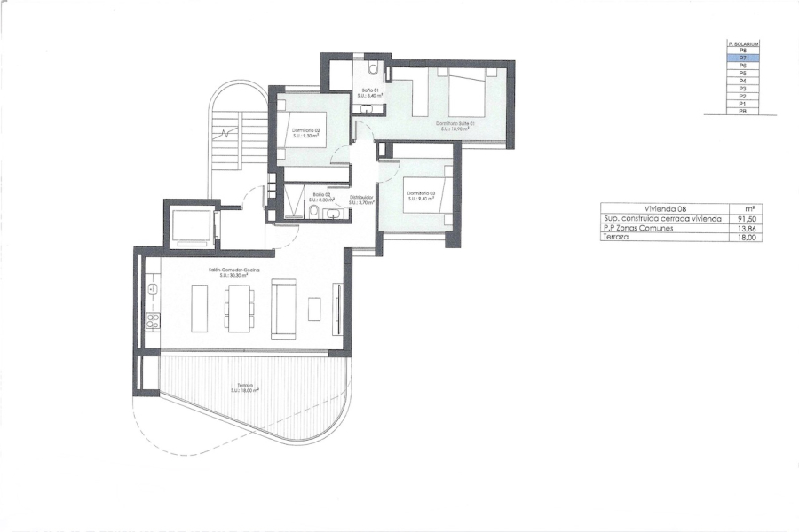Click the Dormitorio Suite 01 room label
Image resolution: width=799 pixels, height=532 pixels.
(455, 125)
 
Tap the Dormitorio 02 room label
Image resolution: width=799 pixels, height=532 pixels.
(305, 132)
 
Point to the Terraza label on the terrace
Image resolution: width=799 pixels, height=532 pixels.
(246, 387)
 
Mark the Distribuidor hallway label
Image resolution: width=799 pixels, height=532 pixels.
(360, 199)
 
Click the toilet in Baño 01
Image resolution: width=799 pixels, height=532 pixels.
(374, 67)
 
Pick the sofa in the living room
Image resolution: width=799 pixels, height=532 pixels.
(284, 308)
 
